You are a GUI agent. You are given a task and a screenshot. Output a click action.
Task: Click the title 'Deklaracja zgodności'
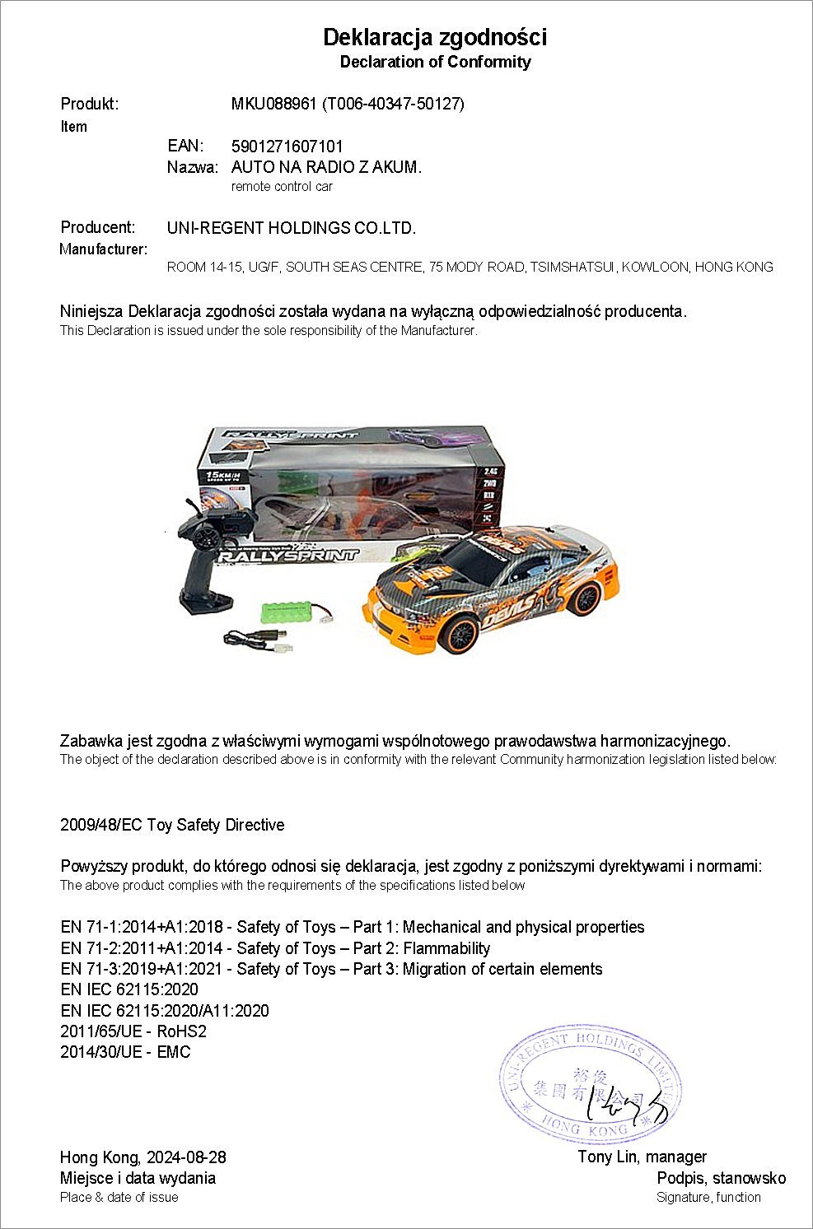(434, 37)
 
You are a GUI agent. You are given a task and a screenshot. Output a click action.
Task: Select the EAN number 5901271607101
(287, 147)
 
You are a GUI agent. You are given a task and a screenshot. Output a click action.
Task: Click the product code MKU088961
(273, 104)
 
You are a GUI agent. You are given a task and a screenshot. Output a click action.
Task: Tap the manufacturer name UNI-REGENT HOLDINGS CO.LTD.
(291, 228)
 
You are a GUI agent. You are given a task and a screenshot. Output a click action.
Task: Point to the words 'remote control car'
(282, 187)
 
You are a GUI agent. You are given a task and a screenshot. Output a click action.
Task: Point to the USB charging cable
(255, 636)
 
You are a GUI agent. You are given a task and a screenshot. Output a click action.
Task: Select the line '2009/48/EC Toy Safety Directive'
(172, 825)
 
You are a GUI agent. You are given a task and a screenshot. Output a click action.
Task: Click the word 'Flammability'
(446, 948)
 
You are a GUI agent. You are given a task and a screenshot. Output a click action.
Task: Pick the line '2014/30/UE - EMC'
(125, 1052)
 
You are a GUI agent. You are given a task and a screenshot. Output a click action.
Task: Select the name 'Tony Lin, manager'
(642, 1157)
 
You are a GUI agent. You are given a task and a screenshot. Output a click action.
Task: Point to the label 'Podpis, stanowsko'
(721, 1178)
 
